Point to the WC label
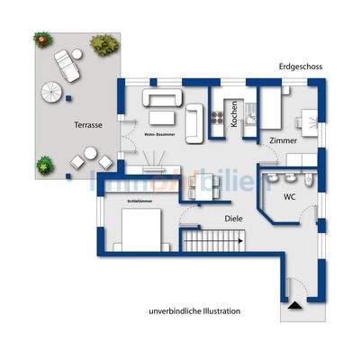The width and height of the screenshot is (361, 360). tap(290, 195)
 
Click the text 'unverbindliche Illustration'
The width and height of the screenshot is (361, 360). tap(195, 310)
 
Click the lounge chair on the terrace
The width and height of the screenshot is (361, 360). tap(67, 64)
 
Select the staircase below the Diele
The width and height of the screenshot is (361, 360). tap(214, 241)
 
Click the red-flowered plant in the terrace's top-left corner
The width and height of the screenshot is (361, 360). tap(42, 39)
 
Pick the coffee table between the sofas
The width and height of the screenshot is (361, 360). tap(162, 116)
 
